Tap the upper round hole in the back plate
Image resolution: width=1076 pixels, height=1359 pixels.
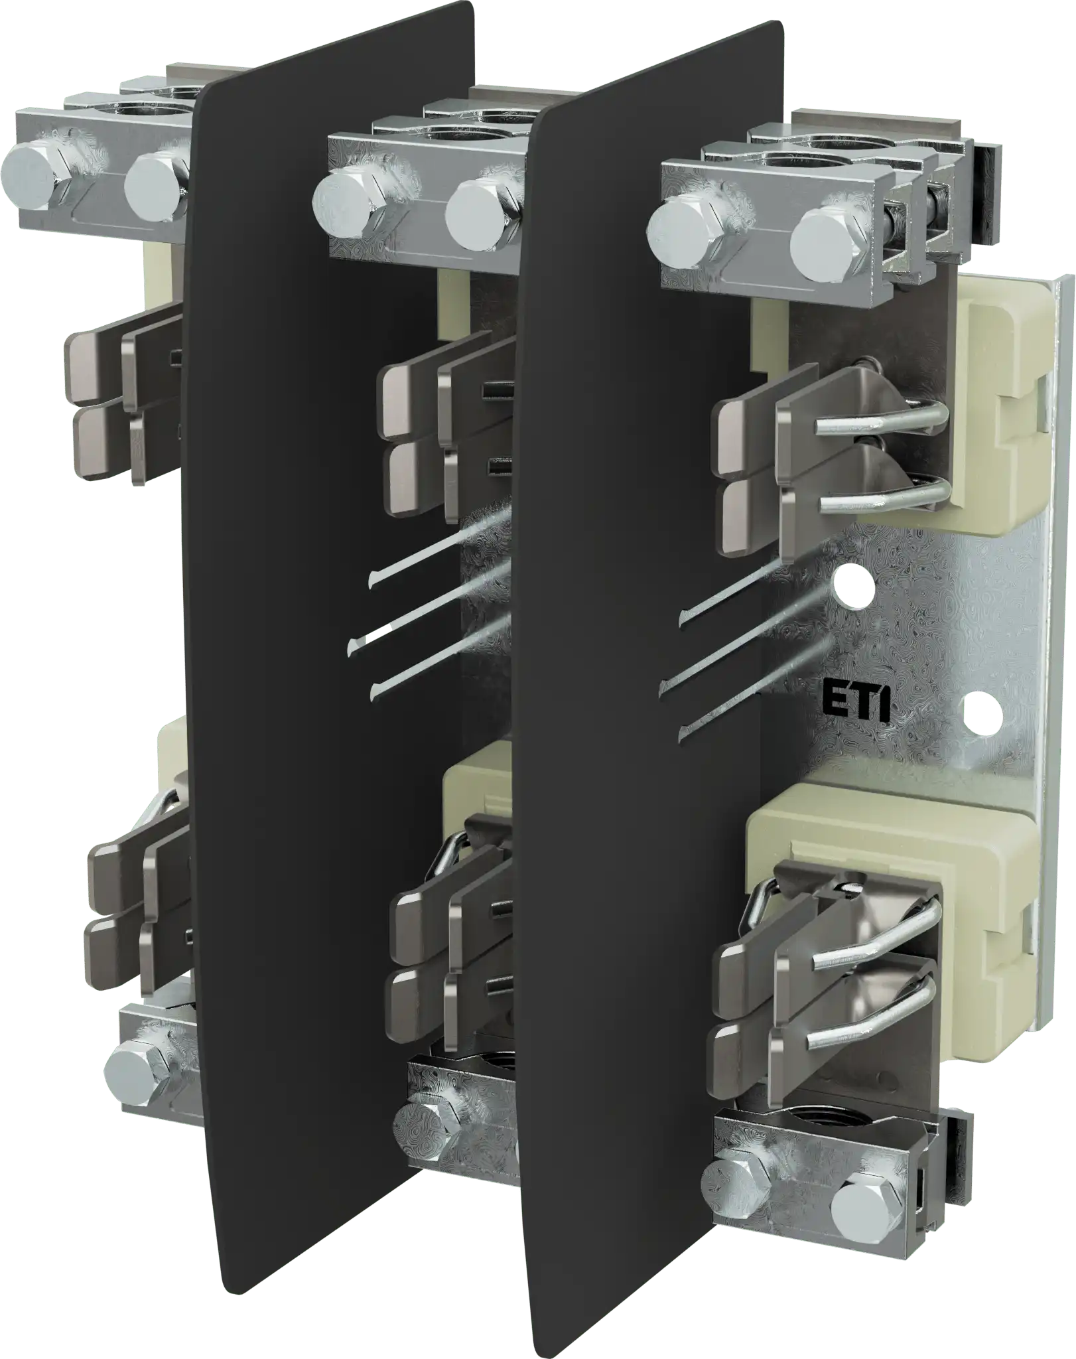pyautogui.click(x=853, y=583)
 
